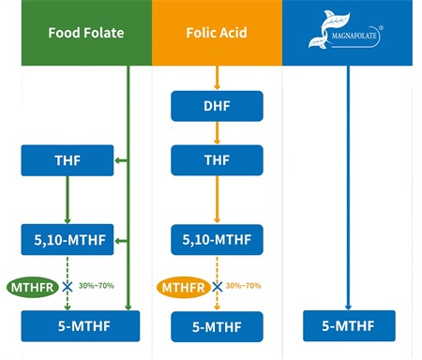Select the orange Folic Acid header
[217, 33]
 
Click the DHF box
[217, 105]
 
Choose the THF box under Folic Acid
[217, 160]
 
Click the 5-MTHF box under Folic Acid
[217, 326]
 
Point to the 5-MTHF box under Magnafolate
[349, 326]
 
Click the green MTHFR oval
[33, 286]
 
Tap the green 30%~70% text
[96, 285]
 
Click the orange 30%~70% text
[243, 285]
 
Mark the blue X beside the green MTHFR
[68, 286]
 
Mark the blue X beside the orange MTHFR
[217, 286]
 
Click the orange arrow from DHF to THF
[217, 132]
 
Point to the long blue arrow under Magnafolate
[349, 187]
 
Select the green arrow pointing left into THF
[121, 161]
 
